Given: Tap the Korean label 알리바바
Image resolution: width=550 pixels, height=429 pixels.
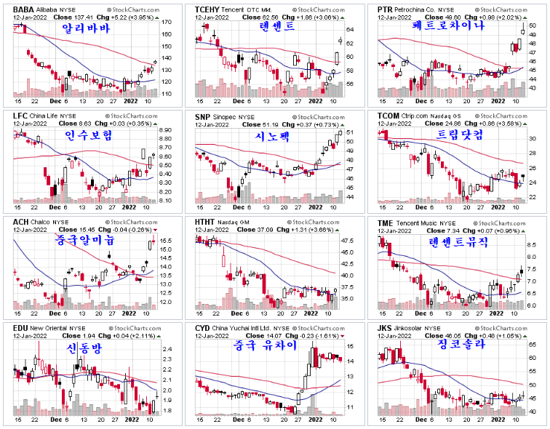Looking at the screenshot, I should (x=85, y=29).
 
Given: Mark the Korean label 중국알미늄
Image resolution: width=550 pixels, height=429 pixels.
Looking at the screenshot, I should (x=86, y=239).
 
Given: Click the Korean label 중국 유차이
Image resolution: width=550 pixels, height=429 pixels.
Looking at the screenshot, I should (x=266, y=347).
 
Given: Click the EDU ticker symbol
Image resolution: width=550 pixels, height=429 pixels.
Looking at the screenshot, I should (x=21, y=329).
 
